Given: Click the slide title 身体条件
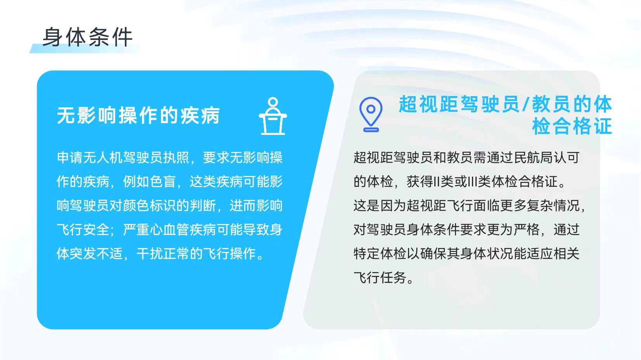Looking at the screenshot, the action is click(87, 37).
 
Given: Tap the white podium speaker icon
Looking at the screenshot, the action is click(273, 116).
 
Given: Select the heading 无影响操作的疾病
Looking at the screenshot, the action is click(138, 116).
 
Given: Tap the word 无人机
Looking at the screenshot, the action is click(103, 158).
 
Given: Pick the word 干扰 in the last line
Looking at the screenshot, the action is click(149, 254).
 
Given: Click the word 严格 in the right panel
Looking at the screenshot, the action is click(527, 230).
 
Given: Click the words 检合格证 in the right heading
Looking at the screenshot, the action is click(572, 126).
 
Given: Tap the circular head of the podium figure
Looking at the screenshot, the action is click(273, 102).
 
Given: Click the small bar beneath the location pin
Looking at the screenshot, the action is click(371, 130).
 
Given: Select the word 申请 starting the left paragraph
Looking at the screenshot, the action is click(70, 158).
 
